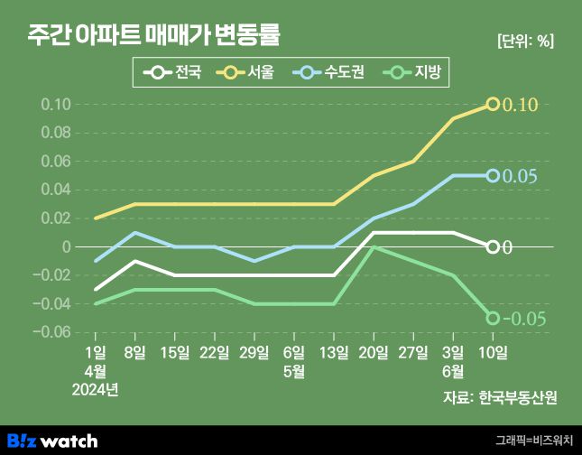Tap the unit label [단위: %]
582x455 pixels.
pyautogui.click(x=525, y=41)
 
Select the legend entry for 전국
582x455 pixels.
pyautogui.click(x=177, y=72)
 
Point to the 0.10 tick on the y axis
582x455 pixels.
pyautogui.click(x=56, y=105)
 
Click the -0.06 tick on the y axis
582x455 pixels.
pyautogui.click(x=52, y=332)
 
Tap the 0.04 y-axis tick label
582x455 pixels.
pyautogui.click(x=56, y=190)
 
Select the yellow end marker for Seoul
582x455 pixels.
pyautogui.click(x=493, y=105)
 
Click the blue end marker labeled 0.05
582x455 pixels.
pyautogui.click(x=493, y=175)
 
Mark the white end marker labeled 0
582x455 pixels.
pyautogui.click(x=493, y=246)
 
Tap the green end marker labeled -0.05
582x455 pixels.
pyautogui.click(x=493, y=318)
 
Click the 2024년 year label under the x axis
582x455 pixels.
pyautogui.click(x=96, y=389)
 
